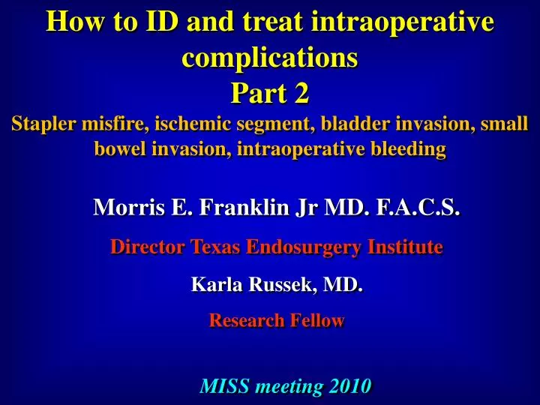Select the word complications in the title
(x=270, y=57)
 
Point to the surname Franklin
(x=229, y=207)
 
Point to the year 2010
(x=349, y=386)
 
